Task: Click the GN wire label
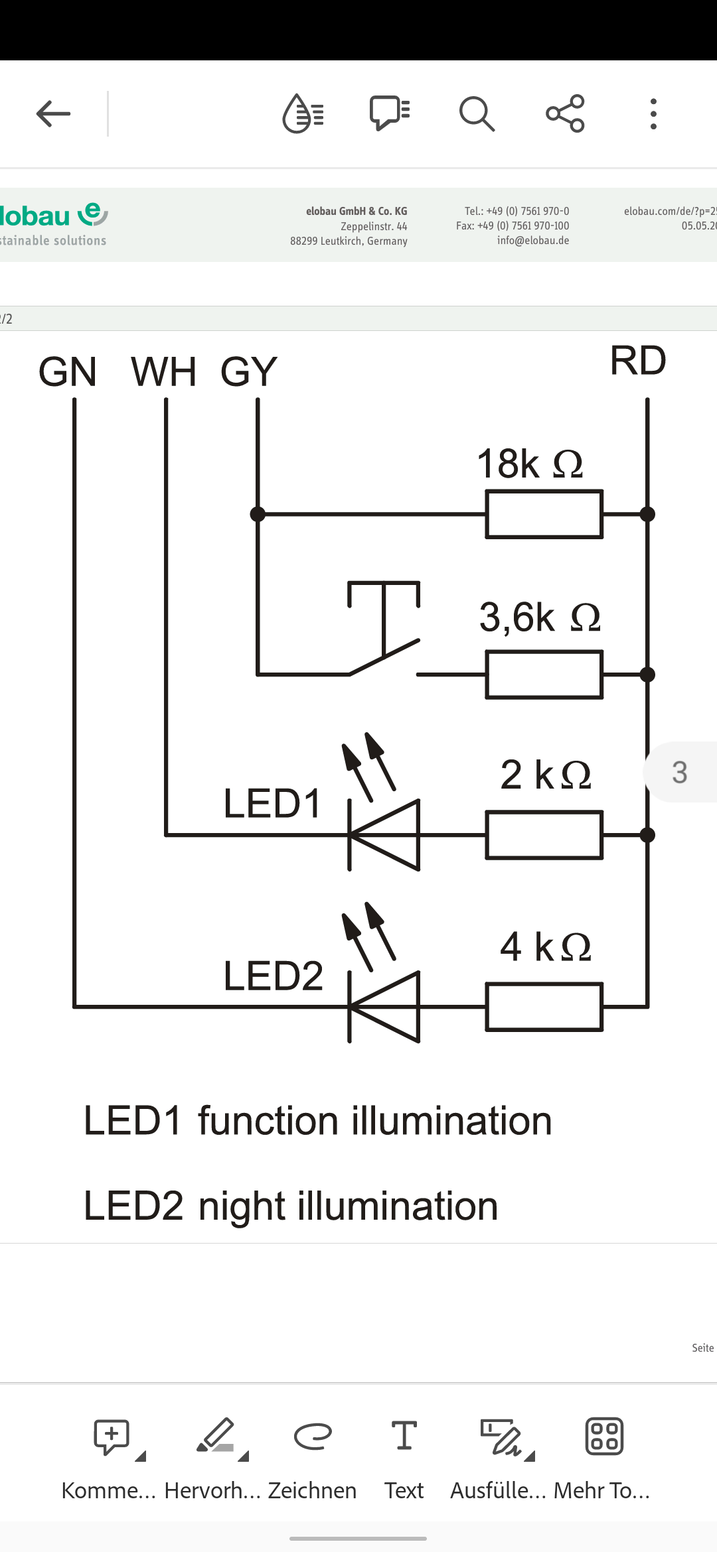(68, 371)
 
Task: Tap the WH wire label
(164, 371)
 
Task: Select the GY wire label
(249, 371)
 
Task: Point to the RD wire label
(637, 361)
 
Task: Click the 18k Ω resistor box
(544, 514)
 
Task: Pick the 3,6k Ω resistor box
(544, 675)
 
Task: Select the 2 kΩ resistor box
(544, 835)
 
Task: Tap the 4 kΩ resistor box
(544, 1007)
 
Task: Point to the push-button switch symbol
(384, 630)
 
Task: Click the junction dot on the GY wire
(258, 514)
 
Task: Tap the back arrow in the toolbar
(53, 114)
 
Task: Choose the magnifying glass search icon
(477, 114)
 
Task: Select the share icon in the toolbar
(565, 114)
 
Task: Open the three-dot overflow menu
(653, 114)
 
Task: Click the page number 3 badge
(680, 772)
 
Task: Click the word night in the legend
(242, 1206)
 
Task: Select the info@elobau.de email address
(532, 241)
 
